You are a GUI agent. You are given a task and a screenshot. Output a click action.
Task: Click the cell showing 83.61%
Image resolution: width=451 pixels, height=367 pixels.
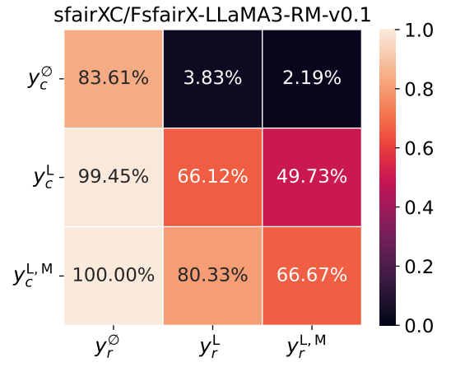click(113, 78)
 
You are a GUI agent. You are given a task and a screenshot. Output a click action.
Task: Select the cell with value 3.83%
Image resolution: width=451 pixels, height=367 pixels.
click(212, 78)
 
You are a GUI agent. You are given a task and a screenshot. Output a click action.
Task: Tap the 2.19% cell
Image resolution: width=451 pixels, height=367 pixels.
click(312, 78)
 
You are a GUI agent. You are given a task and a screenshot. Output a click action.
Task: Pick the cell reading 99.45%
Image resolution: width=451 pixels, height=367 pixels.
click(113, 177)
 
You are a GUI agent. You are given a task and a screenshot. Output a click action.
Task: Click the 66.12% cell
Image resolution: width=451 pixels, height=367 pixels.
click(212, 177)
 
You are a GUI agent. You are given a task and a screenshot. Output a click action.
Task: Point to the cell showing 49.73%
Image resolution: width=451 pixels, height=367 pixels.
click(312, 177)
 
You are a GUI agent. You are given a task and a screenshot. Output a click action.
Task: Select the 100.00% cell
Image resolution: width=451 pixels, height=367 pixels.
click(113, 275)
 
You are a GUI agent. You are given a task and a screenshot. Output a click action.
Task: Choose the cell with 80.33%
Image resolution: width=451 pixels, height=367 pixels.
click(212, 275)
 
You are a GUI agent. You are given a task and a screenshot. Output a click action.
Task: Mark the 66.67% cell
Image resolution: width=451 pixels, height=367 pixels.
click(312, 275)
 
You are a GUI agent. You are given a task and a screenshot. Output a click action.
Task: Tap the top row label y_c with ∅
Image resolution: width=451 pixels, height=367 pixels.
click(40, 78)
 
